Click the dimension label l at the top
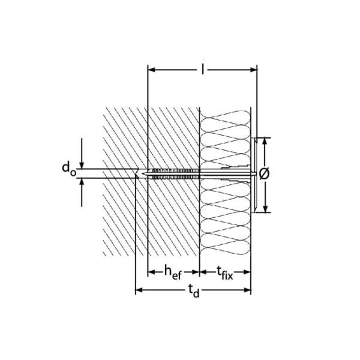click(x=203, y=71)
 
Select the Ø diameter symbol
click(x=266, y=173)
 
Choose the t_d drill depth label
click(x=193, y=292)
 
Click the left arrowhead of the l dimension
click(x=152, y=70)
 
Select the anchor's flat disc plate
click(x=255, y=174)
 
